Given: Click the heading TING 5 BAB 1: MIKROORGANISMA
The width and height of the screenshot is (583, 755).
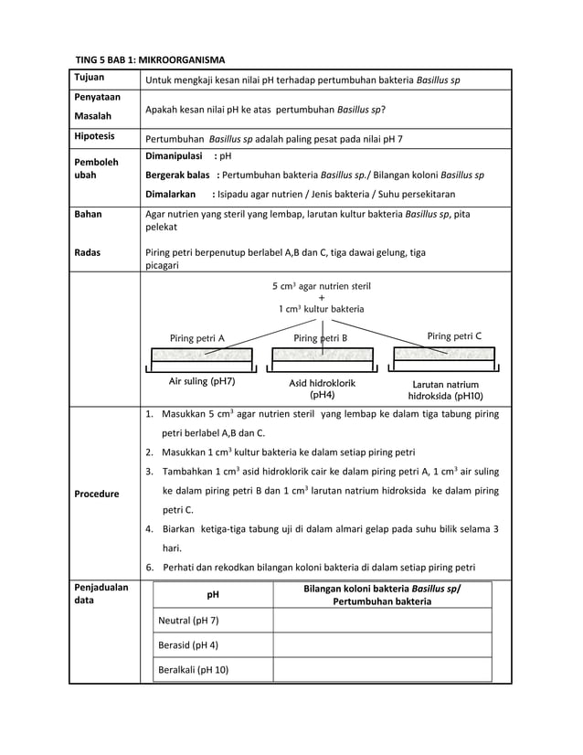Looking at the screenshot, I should (x=150, y=59).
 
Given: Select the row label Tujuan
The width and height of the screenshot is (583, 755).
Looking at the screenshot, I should (x=90, y=79).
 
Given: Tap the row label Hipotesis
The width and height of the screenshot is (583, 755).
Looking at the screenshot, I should (x=94, y=136).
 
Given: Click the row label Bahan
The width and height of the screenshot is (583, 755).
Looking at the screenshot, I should (x=88, y=215).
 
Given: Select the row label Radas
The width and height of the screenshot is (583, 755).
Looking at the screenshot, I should (x=89, y=253).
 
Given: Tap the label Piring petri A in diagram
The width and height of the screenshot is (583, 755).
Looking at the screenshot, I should (x=197, y=338).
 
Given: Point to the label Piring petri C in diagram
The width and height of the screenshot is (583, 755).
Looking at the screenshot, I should (x=454, y=336).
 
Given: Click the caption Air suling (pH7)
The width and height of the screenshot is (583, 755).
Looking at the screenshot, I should (x=202, y=381).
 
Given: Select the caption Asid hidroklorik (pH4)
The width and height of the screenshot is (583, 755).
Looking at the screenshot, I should (x=322, y=389).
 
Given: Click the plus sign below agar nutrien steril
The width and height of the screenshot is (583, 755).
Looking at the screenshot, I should (x=321, y=297).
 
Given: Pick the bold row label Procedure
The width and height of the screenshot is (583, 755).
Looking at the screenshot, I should (x=97, y=494).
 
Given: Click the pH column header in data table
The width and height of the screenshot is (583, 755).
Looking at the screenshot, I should (x=213, y=595).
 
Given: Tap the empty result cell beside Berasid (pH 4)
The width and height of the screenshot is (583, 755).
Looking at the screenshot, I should (x=382, y=645).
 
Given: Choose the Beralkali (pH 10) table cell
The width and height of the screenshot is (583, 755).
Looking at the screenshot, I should (x=194, y=670).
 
